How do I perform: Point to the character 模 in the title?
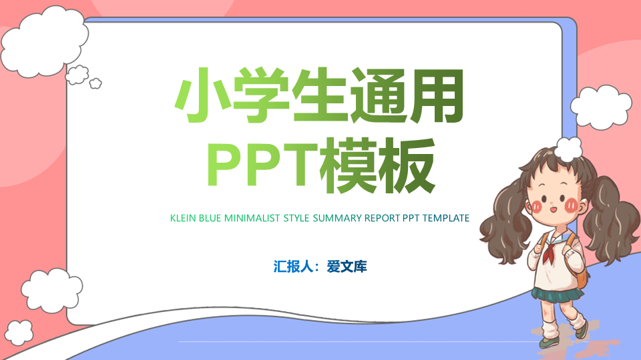coord(349,165)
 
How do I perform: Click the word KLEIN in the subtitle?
coord(183,219)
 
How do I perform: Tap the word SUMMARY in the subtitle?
coord(337,219)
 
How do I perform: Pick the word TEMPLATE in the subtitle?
coord(446,219)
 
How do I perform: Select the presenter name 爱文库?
coord(347,267)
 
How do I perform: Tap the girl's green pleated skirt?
coord(557,295)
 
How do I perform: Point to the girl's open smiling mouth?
coord(553,209)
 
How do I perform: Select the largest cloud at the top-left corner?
coord(44,41)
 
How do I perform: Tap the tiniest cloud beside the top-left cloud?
coord(95,83)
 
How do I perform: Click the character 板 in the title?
coord(407,165)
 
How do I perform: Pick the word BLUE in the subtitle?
coord(210,219)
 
